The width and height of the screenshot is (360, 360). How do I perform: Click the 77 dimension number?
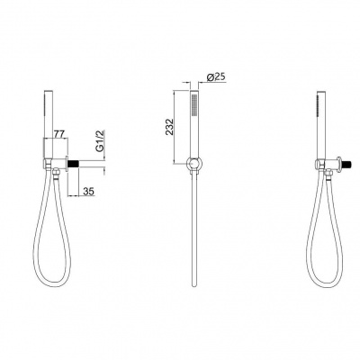[58, 134]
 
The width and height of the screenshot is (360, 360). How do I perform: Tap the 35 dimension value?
[89, 191]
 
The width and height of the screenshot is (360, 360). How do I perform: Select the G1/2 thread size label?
[101, 143]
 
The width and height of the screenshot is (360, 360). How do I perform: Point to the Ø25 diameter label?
[216, 77]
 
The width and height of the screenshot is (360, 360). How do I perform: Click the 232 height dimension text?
[170, 127]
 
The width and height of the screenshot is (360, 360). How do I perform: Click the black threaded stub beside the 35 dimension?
[74, 164]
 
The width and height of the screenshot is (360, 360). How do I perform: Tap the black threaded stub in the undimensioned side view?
[346, 165]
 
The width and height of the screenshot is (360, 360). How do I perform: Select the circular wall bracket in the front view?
[195, 164]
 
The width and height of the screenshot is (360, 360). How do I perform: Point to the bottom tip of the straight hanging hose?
[194, 286]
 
